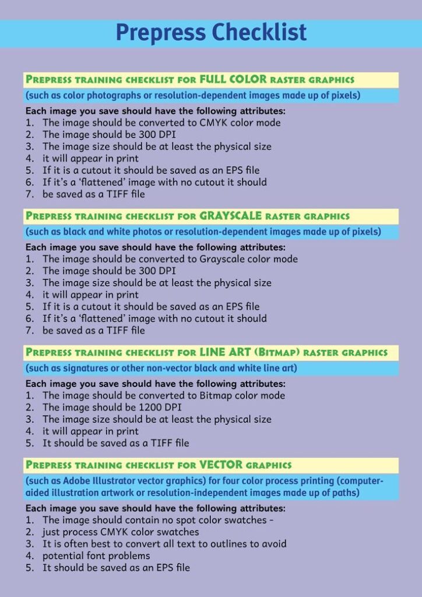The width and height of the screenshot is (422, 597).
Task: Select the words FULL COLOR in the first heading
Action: coord(233,79)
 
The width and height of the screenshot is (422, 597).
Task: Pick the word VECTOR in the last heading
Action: coord(221,465)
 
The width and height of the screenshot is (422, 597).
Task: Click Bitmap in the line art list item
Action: coord(216,396)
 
